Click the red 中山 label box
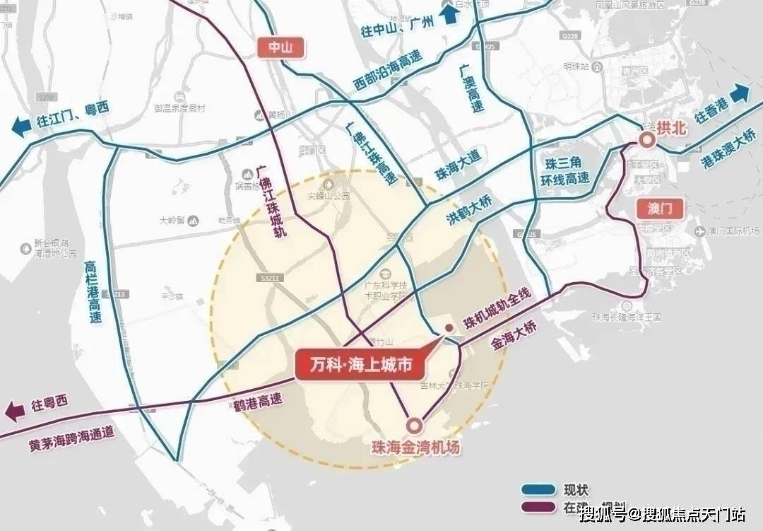click(275, 48)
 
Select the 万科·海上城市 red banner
click(361, 366)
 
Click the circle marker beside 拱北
click(646, 141)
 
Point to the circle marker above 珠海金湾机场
click(414, 424)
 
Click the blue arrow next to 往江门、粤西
click(21, 127)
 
